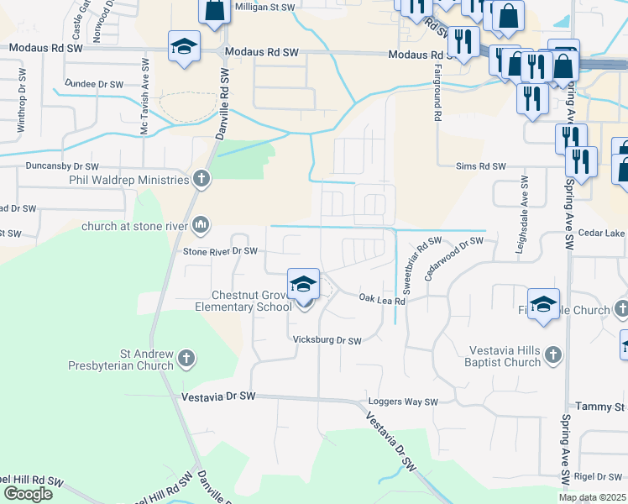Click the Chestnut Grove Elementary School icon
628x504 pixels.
point(303,286)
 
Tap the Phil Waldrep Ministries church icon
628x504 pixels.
point(201,178)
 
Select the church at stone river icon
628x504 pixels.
point(201,225)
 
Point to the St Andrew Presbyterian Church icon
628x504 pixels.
point(186,360)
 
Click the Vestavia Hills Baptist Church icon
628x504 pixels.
point(552,356)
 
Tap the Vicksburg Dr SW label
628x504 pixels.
point(327,341)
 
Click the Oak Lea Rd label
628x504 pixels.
point(382,299)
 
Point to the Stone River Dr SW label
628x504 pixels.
point(220,250)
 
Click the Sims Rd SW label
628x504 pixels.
point(481,167)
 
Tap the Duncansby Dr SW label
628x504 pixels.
point(62,167)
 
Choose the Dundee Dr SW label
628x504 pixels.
point(94,84)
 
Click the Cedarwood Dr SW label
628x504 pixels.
point(454,253)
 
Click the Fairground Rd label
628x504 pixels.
point(437,93)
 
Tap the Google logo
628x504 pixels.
point(28,494)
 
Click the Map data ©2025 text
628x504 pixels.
point(592,497)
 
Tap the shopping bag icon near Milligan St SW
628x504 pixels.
point(214,10)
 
